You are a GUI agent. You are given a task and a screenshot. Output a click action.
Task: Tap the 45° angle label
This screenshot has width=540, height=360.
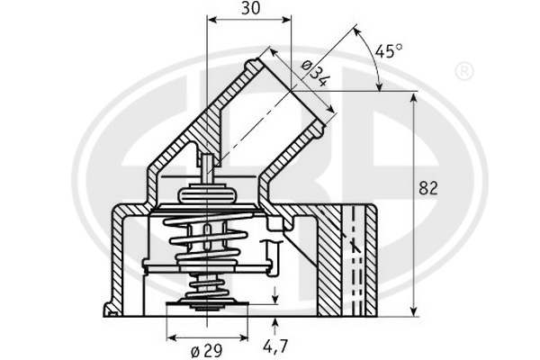tap(388, 51)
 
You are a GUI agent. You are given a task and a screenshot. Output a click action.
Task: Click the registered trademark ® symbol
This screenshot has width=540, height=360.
tap(463, 69)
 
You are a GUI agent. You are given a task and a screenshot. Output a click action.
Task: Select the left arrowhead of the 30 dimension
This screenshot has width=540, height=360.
tap(211, 20)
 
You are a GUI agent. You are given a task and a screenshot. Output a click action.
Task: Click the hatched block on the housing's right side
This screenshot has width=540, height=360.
tap(345, 261)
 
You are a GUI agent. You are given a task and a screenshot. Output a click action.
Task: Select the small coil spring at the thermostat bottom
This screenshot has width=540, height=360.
tap(206, 289)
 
